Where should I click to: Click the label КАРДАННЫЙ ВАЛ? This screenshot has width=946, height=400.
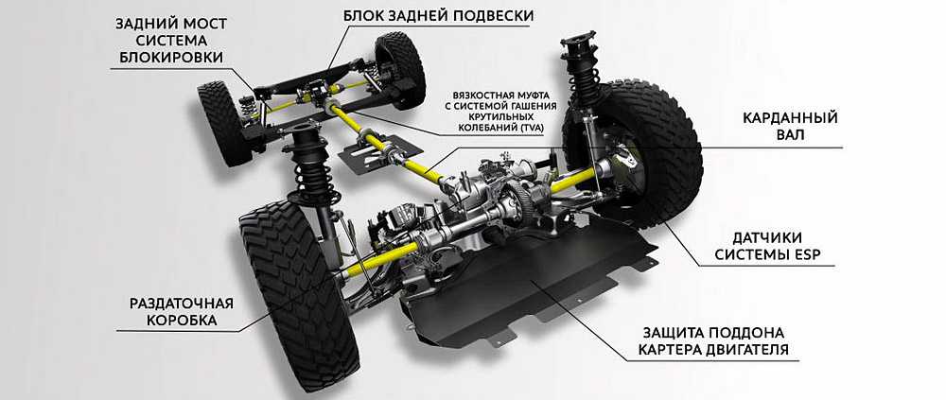tap(790, 126)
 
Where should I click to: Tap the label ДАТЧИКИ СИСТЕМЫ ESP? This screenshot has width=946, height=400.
tap(767, 246)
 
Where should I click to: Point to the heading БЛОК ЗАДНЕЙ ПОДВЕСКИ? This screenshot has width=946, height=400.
tap(439, 15)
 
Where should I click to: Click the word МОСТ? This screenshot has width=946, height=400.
tap(205, 25)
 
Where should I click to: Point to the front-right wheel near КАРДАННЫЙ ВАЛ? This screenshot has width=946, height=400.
tap(639, 154)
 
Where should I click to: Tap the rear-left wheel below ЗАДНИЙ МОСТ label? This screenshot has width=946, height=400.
tap(224, 124)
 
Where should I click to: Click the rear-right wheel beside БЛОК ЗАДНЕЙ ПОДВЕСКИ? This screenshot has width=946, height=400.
tap(399, 69)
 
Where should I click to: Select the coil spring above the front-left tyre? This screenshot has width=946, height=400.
tap(312, 172)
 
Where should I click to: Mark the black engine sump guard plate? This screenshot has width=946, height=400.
tap(525, 284)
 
